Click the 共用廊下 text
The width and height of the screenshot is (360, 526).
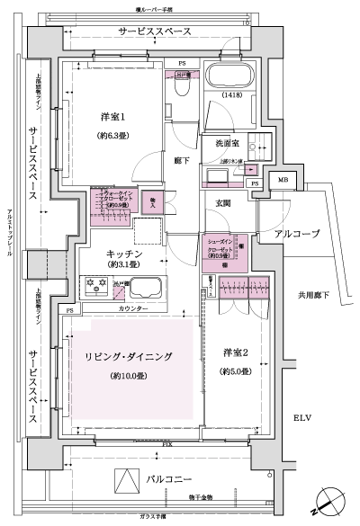pyautogui.click(x=315, y=295)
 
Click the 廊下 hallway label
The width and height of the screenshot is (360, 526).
pyautogui.click(x=181, y=161)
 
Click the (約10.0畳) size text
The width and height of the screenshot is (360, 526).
pyautogui.click(x=130, y=375)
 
